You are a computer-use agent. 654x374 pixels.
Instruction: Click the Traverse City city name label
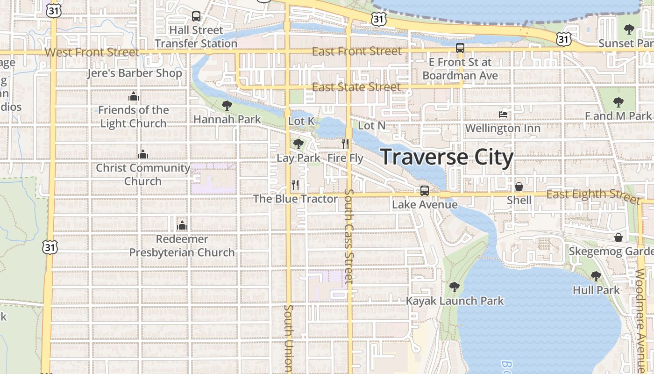pos(447,157)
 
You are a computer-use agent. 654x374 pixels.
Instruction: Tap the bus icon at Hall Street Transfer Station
pos(196,16)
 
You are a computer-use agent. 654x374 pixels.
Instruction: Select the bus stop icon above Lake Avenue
pos(424,191)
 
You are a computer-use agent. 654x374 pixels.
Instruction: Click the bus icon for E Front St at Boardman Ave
pos(460,48)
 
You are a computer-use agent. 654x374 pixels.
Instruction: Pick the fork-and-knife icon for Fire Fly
pos(345,144)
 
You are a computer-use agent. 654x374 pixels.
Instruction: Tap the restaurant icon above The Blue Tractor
pos(295,185)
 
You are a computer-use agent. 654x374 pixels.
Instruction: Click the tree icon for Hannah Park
pos(227,106)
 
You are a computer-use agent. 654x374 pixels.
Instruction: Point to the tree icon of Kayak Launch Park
pos(454,287)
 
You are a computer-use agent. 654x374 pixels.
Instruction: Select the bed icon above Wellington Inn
pos(503,114)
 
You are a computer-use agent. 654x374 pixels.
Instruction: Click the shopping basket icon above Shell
pos(519,187)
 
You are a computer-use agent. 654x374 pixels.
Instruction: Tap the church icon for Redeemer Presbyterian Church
pos(182,225)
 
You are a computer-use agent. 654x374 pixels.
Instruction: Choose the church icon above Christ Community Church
pos(143,154)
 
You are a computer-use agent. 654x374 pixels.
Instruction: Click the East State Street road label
pos(356,87)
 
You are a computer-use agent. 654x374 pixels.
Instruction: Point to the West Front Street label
pos(92,52)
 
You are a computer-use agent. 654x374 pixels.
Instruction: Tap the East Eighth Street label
pos(592,194)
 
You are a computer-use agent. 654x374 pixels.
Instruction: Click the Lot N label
pos(372,125)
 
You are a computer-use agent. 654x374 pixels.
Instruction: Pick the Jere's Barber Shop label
pos(135,73)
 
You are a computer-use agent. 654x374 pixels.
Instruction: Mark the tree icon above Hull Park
pos(596,276)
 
